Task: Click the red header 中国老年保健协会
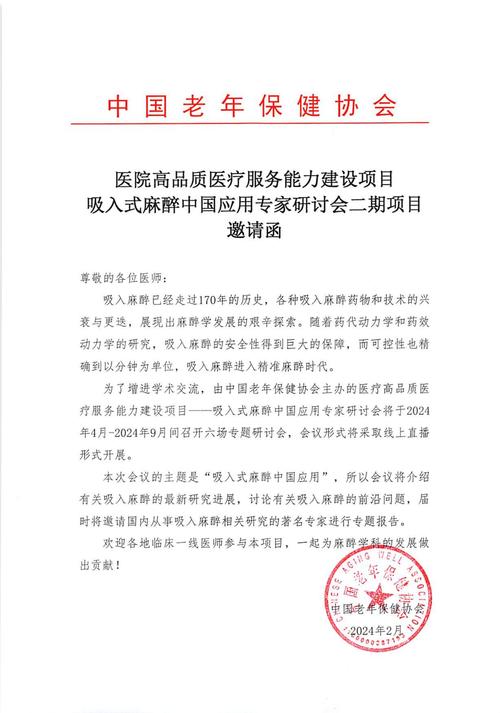(x=250, y=106)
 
